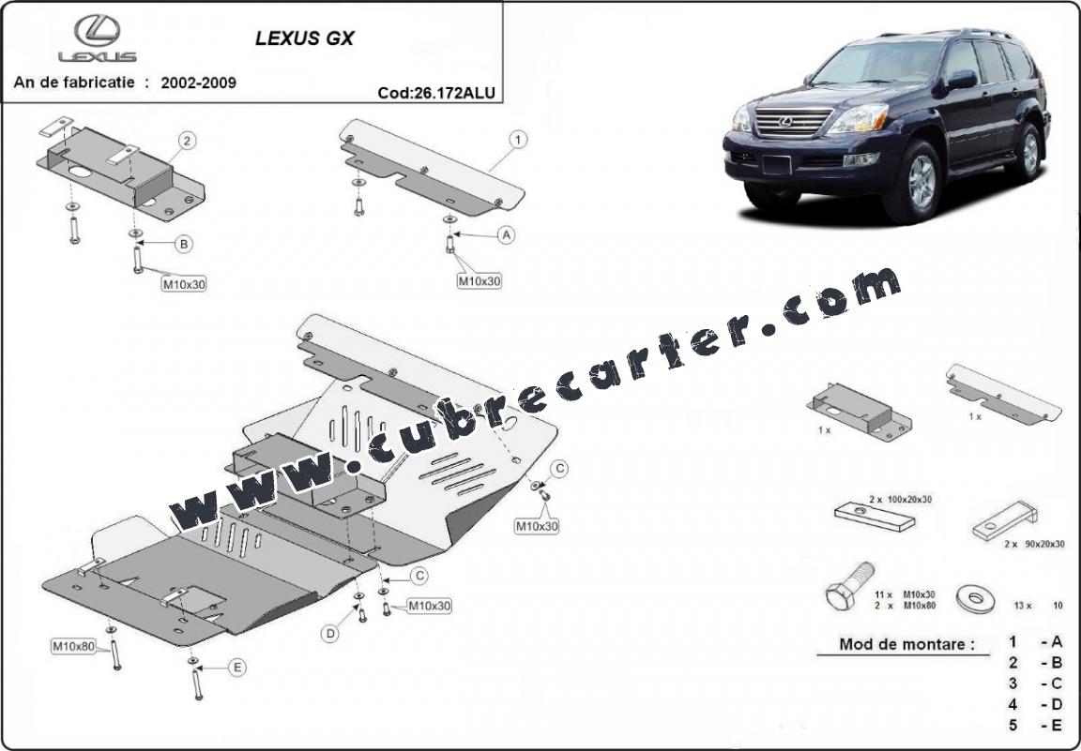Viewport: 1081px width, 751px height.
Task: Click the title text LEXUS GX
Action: pos(304,38)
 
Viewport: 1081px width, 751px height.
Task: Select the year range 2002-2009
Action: pos(199,83)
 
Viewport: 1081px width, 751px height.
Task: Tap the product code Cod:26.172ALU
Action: pos(436,93)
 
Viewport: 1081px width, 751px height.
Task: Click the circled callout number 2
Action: pos(187,142)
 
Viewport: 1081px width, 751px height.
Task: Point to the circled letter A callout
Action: pos(507,235)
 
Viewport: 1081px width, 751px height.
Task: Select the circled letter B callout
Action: pos(183,244)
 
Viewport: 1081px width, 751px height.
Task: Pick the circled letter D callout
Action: pos(331,634)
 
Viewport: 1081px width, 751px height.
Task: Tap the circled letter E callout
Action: pos(237,667)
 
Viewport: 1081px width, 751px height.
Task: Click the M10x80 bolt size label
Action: pos(74,646)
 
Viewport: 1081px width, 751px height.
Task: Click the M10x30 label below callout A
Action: pos(480,281)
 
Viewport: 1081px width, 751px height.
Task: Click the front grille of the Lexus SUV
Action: pos(793,121)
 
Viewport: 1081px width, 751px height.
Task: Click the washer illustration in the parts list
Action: pos(976,599)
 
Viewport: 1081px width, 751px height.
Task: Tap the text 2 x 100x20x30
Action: pos(901,499)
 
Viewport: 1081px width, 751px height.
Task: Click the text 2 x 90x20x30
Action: pos(1034,544)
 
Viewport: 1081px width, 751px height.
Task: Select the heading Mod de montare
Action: pos(906,645)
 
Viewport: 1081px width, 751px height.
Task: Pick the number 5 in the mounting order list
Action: pos(1012,725)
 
